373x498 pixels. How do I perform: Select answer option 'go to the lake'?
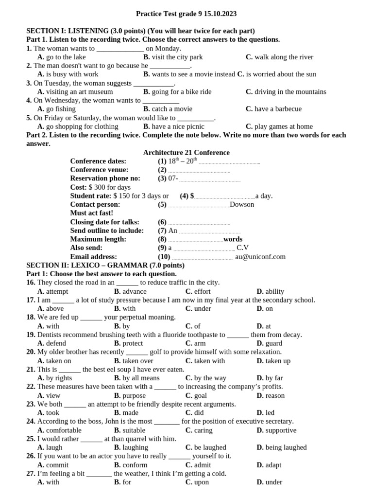[x=66, y=57]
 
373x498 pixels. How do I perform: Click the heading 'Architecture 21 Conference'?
[x=186, y=152]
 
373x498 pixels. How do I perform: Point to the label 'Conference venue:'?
[x=99, y=170]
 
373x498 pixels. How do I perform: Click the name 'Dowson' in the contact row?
[x=242, y=204]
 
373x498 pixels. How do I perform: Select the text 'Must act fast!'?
[x=91, y=213]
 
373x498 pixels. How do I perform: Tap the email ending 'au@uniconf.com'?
[x=260, y=257]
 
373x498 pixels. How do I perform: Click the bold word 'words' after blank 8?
[x=233, y=239]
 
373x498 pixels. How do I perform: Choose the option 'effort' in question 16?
[x=202, y=291]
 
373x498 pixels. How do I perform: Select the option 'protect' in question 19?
[x=133, y=343]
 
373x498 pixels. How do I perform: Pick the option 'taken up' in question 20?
[x=278, y=361]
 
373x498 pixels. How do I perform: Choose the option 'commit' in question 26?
[x=57, y=465]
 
